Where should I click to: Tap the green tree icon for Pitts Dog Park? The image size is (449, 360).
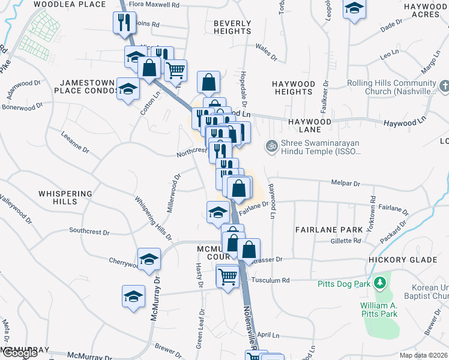point(379,282)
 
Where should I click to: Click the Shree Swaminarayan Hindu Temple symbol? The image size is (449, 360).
point(271,145)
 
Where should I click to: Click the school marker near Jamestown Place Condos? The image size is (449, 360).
point(127,89)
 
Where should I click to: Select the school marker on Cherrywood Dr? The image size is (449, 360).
point(148,259)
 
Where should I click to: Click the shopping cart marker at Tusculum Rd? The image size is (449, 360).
point(228,277)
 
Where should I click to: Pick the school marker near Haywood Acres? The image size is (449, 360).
point(354,9)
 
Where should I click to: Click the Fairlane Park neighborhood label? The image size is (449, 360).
point(328,230)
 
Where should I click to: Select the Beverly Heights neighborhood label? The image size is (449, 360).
point(232,27)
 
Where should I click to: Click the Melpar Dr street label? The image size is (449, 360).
point(345,184)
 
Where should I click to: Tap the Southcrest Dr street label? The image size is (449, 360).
point(89,231)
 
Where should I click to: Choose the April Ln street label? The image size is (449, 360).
point(268,335)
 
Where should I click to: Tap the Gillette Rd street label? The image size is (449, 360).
point(346,241)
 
